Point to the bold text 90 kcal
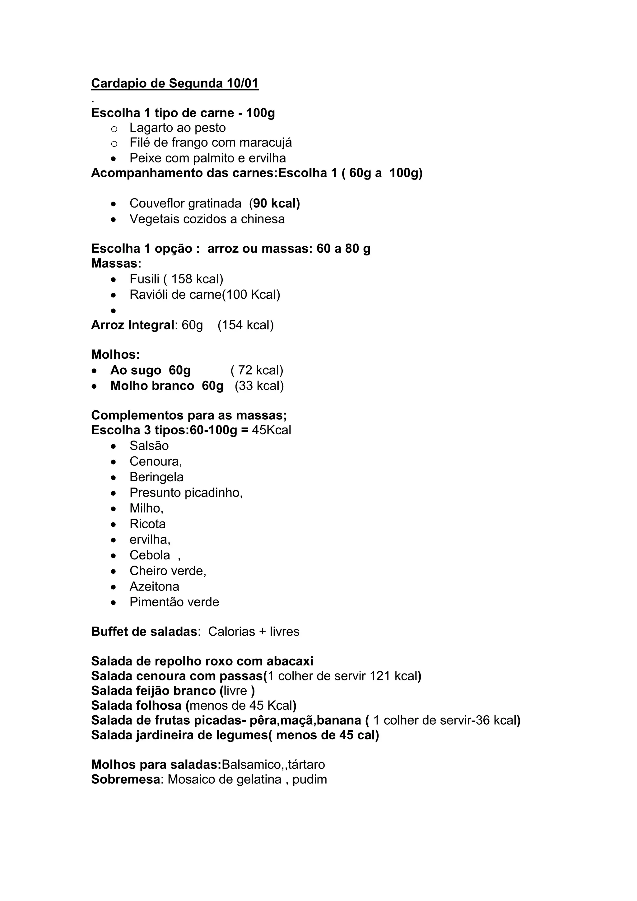click(x=276, y=203)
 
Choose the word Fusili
click(x=145, y=279)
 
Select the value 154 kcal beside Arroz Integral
click(x=245, y=325)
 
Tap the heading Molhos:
click(x=115, y=355)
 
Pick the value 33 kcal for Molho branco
click(x=259, y=386)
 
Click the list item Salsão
click(x=149, y=446)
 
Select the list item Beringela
click(x=156, y=478)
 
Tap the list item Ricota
click(x=147, y=524)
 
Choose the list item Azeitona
click(x=154, y=587)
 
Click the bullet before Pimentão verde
click(x=113, y=602)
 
